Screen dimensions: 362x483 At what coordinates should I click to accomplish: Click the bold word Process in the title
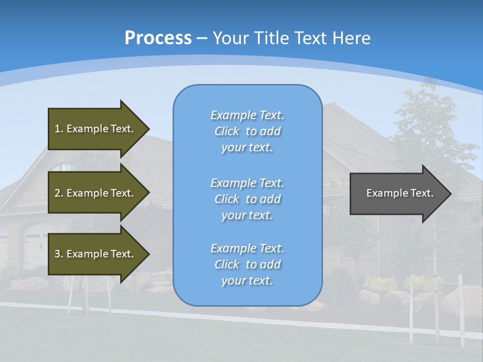[158, 38]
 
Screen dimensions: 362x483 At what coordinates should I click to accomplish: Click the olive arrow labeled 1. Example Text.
[96, 129]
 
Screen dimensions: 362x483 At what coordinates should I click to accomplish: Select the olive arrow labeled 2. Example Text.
[96, 193]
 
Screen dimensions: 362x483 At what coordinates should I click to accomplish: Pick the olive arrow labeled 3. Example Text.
[96, 254]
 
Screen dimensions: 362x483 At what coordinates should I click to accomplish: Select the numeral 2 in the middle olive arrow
[57, 193]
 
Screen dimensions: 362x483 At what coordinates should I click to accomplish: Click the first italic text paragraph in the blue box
[247, 131]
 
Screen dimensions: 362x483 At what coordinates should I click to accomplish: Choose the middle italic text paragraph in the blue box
[247, 199]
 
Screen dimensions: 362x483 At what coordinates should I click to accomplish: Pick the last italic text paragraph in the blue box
[247, 264]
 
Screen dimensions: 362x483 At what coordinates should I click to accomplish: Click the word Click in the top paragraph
[227, 131]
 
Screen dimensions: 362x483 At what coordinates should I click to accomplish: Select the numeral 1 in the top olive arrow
[57, 129]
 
